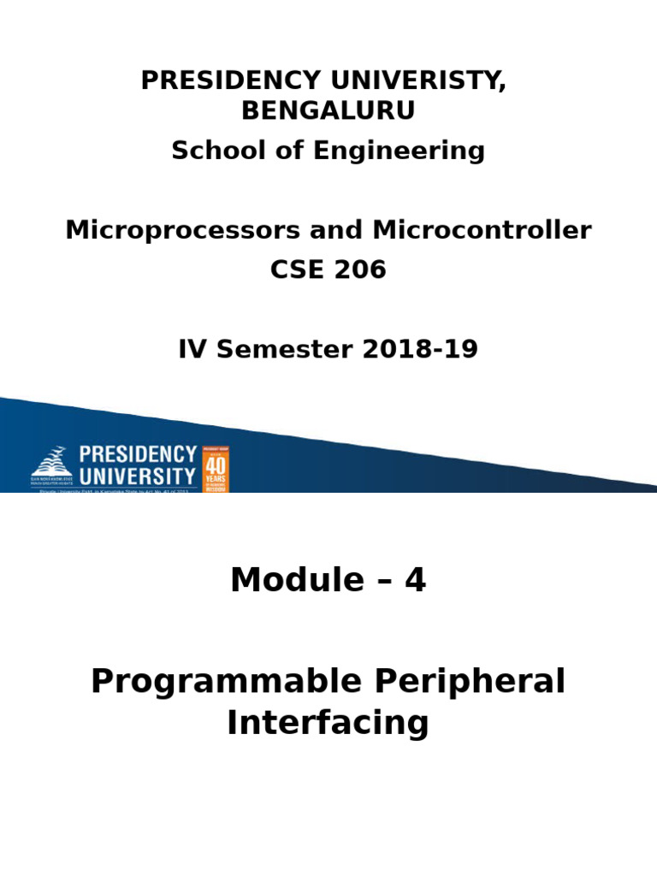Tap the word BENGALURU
(328, 110)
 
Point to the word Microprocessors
(182, 230)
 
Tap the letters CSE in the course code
(294, 269)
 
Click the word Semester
(278, 349)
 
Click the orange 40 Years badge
(215, 469)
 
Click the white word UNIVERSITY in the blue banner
(137, 476)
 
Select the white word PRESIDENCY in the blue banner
(138, 454)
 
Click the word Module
(297, 580)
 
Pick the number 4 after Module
(415, 580)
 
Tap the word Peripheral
(469, 682)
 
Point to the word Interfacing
(328, 723)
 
